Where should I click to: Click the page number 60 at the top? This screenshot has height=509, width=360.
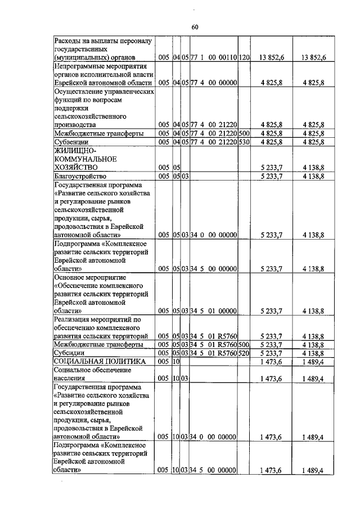pos(195,27)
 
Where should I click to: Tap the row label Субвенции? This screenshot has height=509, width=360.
pos(69,142)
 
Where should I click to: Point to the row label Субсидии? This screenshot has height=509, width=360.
pos(68,353)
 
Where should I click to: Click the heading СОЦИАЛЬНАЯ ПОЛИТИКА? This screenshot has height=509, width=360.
pos(100,361)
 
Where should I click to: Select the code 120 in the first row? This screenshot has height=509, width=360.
pos(244,57)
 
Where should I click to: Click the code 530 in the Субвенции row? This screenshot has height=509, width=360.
pos(244,142)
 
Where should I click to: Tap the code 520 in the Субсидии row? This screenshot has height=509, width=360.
pos(244,353)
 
